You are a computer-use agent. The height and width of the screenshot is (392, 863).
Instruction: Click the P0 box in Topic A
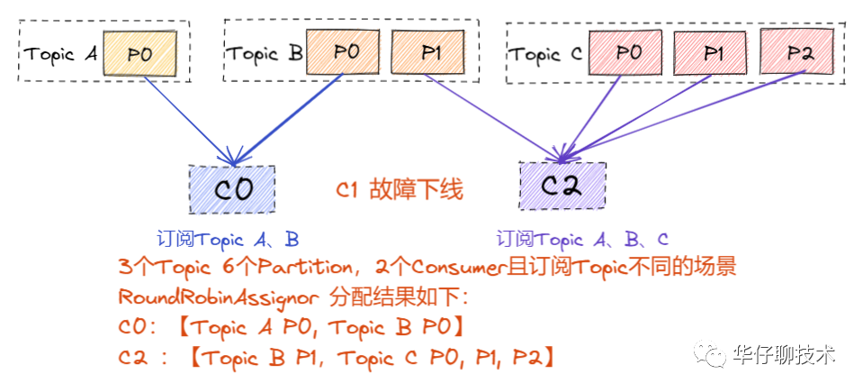click(x=139, y=53)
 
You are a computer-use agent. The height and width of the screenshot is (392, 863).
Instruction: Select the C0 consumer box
click(x=232, y=189)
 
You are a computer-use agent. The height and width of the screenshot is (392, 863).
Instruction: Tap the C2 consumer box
click(x=562, y=187)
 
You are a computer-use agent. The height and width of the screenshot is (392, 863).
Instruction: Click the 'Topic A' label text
click(x=60, y=54)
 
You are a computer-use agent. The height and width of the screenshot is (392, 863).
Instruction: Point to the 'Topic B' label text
click(x=265, y=53)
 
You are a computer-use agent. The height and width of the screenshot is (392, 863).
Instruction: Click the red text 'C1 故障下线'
click(x=400, y=190)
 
